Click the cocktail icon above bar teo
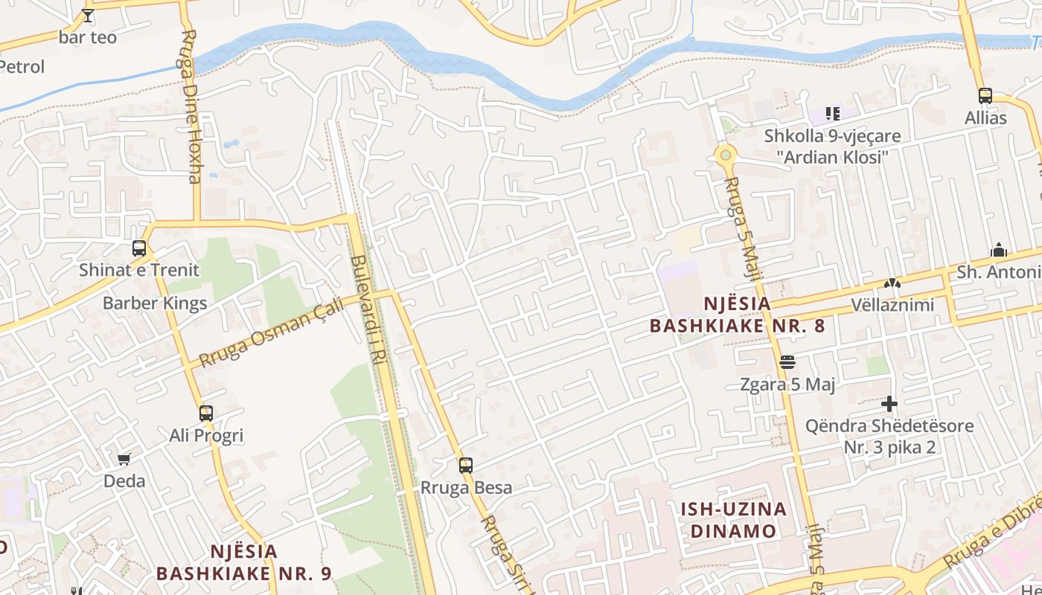pyautogui.click(x=88, y=15)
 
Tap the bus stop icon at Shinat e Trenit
pyautogui.click(x=139, y=248)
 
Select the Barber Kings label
pyautogui.click(x=155, y=303)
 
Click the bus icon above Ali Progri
pyautogui.click(x=206, y=414)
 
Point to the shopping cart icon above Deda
pyautogui.click(x=124, y=459)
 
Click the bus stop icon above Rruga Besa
pyautogui.click(x=466, y=466)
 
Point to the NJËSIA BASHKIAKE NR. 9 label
pyautogui.click(x=243, y=562)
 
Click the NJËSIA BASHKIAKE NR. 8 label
pyautogui.click(x=737, y=315)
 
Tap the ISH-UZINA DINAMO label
pyautogui.click(x=734, y=520)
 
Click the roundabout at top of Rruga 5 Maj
pyautogui.click(x=725, y=155)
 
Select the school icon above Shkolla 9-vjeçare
pyautogui.click(x=832, y=114)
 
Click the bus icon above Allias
pyautogui.click(x=985, y=95)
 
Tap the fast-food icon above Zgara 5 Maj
pyautogui.click(x=787, y=362)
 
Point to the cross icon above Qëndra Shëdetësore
pyautogui.click(x=889, y=404)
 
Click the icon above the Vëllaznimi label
pyautogui.click(x=892, y=283)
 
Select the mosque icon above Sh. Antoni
pyautogui.click(x=999, y=250)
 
